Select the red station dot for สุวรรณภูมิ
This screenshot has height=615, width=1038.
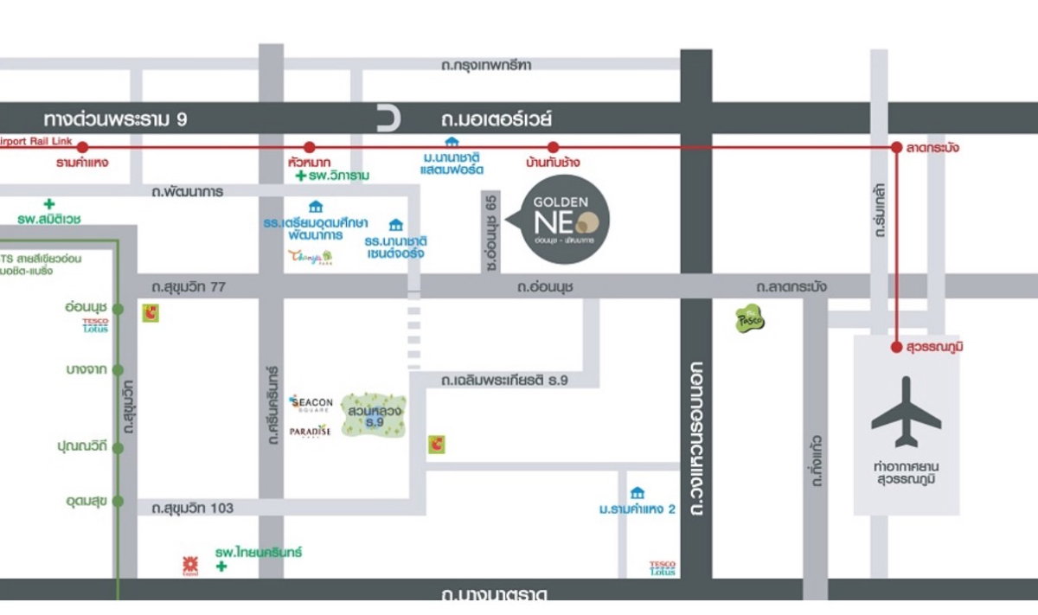click(x=897, y=347)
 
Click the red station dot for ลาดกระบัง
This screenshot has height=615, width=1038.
click(x=897, y=148)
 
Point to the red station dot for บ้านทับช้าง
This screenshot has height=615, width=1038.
click(x=554, y=148)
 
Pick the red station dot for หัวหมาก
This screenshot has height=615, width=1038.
click(x=310, y=148)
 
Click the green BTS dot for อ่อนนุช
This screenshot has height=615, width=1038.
click(x=118, y=309)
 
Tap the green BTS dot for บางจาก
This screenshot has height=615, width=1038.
click(x=118, y=369)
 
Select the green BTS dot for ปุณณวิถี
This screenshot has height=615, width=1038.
click(x=118, y=447)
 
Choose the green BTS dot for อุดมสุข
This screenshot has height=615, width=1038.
click(x=118, y=501)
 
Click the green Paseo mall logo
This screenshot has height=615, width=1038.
click(x=750, y=319)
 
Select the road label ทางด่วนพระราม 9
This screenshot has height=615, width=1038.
click(x=115, y=119)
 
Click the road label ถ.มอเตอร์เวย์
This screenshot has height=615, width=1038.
click(x=497, y=119)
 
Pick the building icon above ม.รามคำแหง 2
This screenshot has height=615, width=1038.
click(x=638, y=492)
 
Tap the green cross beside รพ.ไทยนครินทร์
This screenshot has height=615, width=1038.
click(x=221, y=567)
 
